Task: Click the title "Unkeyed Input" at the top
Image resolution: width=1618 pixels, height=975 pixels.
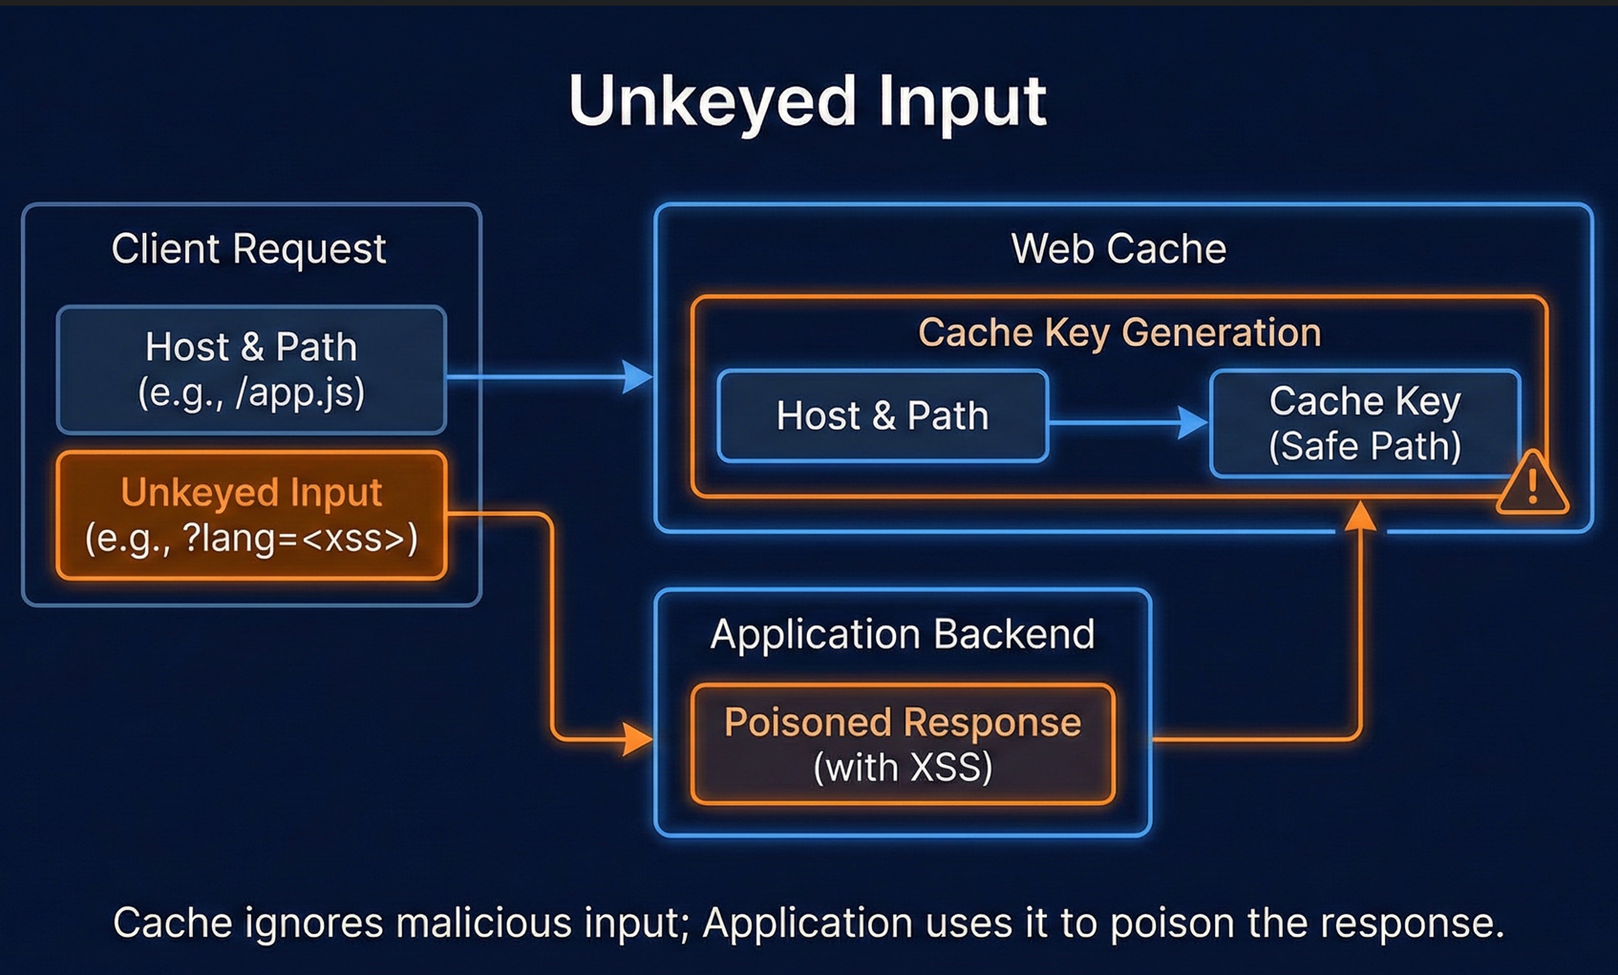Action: click(x=807, y=101)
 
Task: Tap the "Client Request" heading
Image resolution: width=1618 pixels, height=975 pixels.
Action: click(x=248, y=249)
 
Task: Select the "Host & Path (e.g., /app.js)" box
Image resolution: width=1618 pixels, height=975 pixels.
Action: click(x=251, y=370)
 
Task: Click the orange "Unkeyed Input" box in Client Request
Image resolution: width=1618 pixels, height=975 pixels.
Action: click(x=251, y=516)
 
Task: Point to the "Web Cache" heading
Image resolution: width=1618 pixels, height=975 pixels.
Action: click(x=1118, y=249)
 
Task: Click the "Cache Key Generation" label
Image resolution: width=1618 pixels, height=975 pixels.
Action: click(x=1118, y=332)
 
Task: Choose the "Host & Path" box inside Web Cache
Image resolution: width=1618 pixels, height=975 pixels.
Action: click(x=883, y=416)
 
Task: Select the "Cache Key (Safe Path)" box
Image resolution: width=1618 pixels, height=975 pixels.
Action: click(x=1364, y=423)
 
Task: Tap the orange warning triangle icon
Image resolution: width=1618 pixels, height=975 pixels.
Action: click(x=1532, y=485)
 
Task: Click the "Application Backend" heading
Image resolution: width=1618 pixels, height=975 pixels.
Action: click(x=903, y=634)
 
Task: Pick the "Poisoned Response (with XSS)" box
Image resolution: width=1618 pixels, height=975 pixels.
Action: click(x=903, y=744)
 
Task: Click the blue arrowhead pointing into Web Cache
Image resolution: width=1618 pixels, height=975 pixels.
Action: click(x=637, y=376)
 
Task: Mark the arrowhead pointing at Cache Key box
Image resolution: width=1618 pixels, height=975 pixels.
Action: click(x=1193, y=422)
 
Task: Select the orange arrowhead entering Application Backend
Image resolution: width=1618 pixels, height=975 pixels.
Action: click(x=637, y=738)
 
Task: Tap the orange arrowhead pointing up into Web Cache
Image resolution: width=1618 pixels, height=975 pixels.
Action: click(x=1360, y=517)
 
